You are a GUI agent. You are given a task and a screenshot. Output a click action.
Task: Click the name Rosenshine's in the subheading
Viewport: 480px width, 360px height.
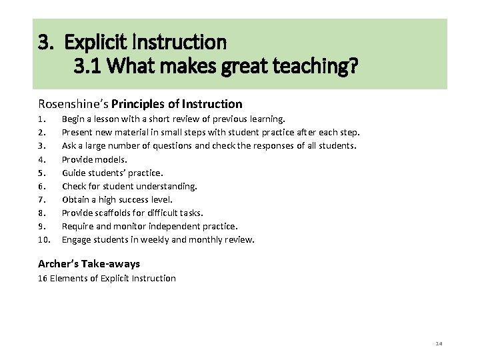pyautogui.click(x=73, y=104)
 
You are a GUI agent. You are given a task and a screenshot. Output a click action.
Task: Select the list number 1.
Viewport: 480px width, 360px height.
pyautogui.click(x=41, y=119)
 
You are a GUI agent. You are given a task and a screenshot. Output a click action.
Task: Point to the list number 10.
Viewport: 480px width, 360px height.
pyautogui.click(x=43, y=240)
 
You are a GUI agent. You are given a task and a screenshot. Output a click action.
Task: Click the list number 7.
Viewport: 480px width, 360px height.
pyautogui.click(x=41, y=199)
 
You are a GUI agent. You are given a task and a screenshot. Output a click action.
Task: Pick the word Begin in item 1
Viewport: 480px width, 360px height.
pyautogui.click(x=74, y=119)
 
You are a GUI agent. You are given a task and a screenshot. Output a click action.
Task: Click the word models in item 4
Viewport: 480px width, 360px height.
pyautogui.click(x=112, y=159)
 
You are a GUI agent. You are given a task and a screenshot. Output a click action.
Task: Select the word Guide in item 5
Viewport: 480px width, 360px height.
pyautogui.click(x=75, y=173)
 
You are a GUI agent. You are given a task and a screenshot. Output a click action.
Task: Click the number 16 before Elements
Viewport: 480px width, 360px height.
pyautogui.click(x=43, y=278)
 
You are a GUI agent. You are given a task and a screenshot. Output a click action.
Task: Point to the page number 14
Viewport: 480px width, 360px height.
pyautogui.click(x=439, y=343)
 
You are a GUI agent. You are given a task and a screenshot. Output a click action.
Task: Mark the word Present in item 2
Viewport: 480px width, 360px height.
pyautogui.click(x=78, y=133)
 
